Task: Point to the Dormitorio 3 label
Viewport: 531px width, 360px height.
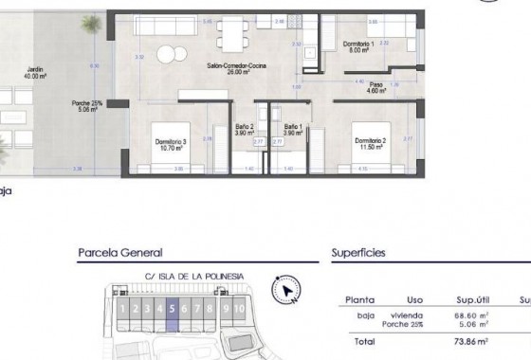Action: [x=172, y=143]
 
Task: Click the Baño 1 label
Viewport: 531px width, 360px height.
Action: [x=292, y=129]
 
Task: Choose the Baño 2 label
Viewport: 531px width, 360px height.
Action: [x=245, y=129]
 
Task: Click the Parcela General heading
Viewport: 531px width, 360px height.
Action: [x=119, y=253]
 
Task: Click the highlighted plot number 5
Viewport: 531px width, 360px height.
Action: [x=172, y=308]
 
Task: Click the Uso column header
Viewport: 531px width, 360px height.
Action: [x=414, y=296]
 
